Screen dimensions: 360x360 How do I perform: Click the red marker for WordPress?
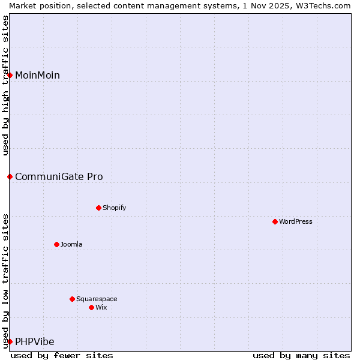[x=275, y=221]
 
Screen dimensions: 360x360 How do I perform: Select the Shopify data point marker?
[x=98, y=208]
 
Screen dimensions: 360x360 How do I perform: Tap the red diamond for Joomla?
[x=56, y=244]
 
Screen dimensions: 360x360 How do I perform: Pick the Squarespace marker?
[x=72, y=299]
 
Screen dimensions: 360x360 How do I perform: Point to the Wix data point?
[x=91, y=307]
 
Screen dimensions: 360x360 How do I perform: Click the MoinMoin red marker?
[x=10, y=75]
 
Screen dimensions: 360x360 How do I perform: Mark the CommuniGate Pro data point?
[x=10, y=176]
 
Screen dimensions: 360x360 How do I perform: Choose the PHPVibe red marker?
[x=10, y=341]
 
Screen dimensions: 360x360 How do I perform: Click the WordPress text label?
[x=296, y=221]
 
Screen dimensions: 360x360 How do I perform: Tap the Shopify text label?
[x=114, y=208]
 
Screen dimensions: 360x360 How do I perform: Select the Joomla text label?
[x=71, y=244]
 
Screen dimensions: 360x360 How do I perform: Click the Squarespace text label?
[x=97, y=299]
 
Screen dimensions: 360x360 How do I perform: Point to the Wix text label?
[x=101, y=307]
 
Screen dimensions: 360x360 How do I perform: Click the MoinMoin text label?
[x=37, y=75]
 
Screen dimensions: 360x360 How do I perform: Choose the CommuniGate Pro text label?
[x=59, y=176]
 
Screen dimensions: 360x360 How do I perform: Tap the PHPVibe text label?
[x=35, y=341]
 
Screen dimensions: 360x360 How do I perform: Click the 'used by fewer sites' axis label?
[x=62, y=355]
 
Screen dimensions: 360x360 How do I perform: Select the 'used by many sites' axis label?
[x=301, y=355]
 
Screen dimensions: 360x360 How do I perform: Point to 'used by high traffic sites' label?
[x=5, y=85]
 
